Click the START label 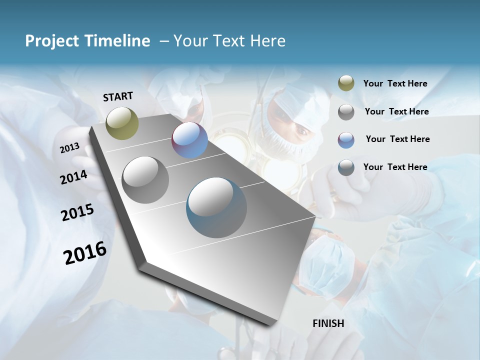coord(118,96)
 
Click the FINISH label coord(328,323)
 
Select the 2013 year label coord(70,147)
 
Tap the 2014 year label coord(73,177)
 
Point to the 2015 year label coord(77,212)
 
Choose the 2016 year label coord(85,252)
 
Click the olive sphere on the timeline coord(122,123)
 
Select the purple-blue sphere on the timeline coord(189,140)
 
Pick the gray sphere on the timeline coord(145,180)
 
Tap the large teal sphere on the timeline coord(216,207)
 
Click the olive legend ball coord(346,83)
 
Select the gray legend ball coord(346,112)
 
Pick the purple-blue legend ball coord(346,140)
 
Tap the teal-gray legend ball coord(346,167)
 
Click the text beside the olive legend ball coord(395,83)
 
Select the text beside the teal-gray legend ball coord(395,167)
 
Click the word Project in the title coord(51,41)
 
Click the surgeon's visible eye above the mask coord(302,131)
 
